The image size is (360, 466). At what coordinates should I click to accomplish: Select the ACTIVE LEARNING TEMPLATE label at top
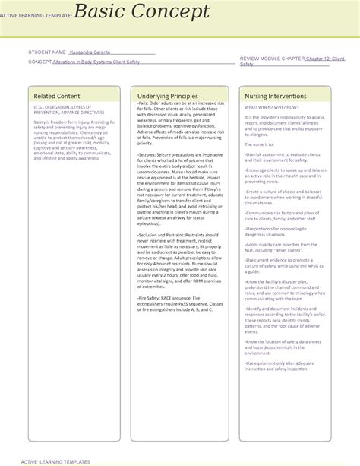37,14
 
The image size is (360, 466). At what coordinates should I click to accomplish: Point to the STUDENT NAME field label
47,52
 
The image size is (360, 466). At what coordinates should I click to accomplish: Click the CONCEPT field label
39,62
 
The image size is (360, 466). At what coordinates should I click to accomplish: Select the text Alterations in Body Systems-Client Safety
96,62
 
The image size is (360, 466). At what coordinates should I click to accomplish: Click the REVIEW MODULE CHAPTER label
272,58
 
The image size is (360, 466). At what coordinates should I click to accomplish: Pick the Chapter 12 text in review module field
320,58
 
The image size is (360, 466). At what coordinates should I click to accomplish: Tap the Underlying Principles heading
168,97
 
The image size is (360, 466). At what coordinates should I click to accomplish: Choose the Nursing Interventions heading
276,97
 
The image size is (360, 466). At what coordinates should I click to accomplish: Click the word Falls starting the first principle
144,107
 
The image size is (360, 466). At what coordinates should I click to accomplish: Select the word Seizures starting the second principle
149,154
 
